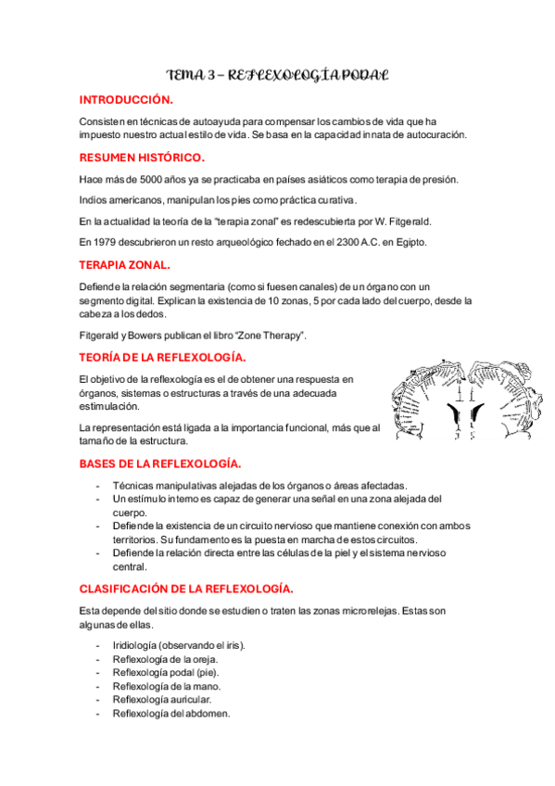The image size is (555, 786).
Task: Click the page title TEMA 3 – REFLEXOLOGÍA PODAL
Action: tap(276, 73)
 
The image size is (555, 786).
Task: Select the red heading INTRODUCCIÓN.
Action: tap(126, 99)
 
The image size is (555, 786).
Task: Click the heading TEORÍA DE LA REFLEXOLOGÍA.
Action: tap(162, 357)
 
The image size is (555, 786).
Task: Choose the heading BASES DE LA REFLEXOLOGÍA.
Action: tap(160, 463)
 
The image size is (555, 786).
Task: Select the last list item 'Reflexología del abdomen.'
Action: tap(170, 715)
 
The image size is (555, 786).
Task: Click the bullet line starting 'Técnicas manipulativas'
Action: tap(259, 486)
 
